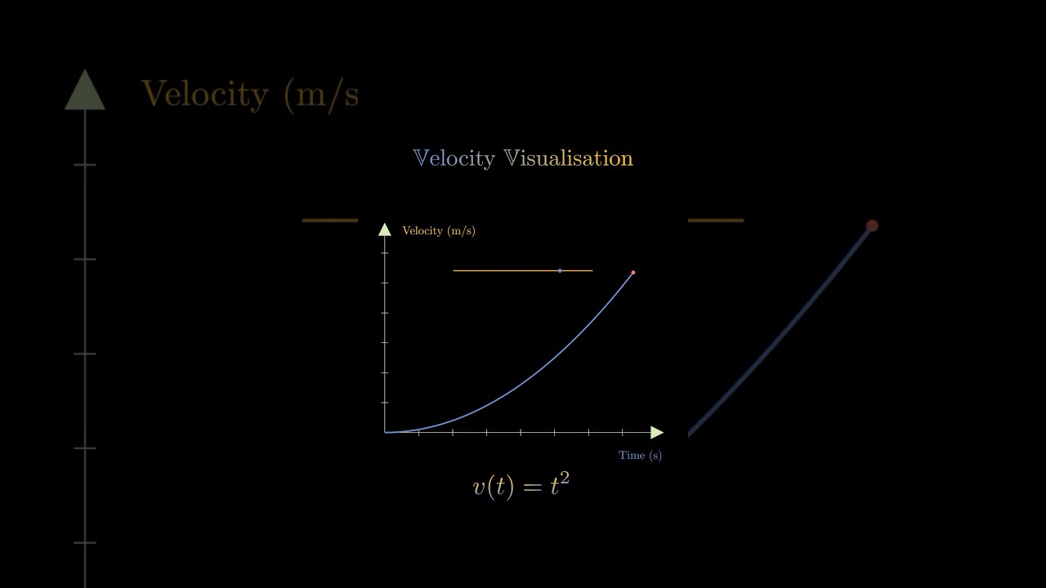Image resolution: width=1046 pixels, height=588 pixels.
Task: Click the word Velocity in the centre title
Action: [x=454, y=158]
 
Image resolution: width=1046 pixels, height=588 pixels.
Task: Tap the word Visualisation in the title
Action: [x=569, y=158]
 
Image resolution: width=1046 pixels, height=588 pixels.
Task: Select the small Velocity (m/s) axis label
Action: [x=439, y=230]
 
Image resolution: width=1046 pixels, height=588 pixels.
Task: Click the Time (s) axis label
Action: [x=640, y=455]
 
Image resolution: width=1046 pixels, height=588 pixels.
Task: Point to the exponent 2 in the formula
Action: [x=565, y=478]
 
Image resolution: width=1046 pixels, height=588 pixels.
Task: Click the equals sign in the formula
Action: [x=532, y=488]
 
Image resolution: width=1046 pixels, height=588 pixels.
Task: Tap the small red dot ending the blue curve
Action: [x=633, y=273]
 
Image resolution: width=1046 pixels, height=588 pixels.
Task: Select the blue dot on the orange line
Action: [x=560, y=270]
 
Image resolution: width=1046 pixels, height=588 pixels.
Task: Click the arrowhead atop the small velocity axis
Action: [x=384, y=229]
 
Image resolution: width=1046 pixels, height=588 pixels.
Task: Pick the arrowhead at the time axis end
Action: [x=657, y=433]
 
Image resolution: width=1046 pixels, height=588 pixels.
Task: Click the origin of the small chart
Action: [x=385, y=433]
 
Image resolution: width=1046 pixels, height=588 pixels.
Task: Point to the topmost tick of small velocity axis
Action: [x=385, y=253]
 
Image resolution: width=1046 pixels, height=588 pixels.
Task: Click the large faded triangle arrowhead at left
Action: [x=85, y=90]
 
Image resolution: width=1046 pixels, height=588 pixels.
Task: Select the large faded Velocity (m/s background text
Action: [x=250, y=96]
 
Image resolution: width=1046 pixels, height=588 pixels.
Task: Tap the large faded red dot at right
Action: [x=872, y=226]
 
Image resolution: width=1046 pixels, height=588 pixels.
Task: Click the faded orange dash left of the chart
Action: [x=329, y=220]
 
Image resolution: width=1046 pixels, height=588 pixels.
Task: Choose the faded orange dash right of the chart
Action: [x=716, y=220]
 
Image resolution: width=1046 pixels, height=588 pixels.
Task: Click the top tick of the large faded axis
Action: [x=85, y=165]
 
